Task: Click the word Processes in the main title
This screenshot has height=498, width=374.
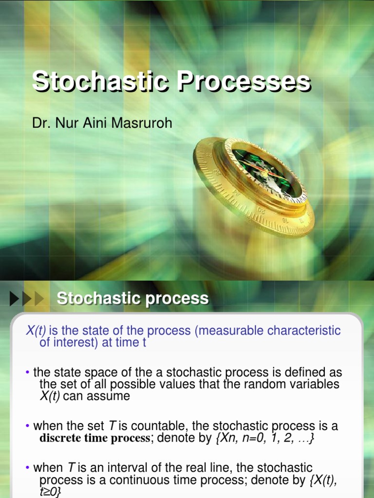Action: (x=243, y=82)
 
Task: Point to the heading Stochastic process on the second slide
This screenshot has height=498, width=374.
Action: (x=132, y=298)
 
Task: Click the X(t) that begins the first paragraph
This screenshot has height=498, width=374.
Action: (x=36, y=331)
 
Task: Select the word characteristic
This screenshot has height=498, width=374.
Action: (x=304, y=331)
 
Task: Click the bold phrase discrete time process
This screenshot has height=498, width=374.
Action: (x=95, y=438)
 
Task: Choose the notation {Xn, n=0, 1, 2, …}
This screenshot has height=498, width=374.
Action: (x=264, y=438)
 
